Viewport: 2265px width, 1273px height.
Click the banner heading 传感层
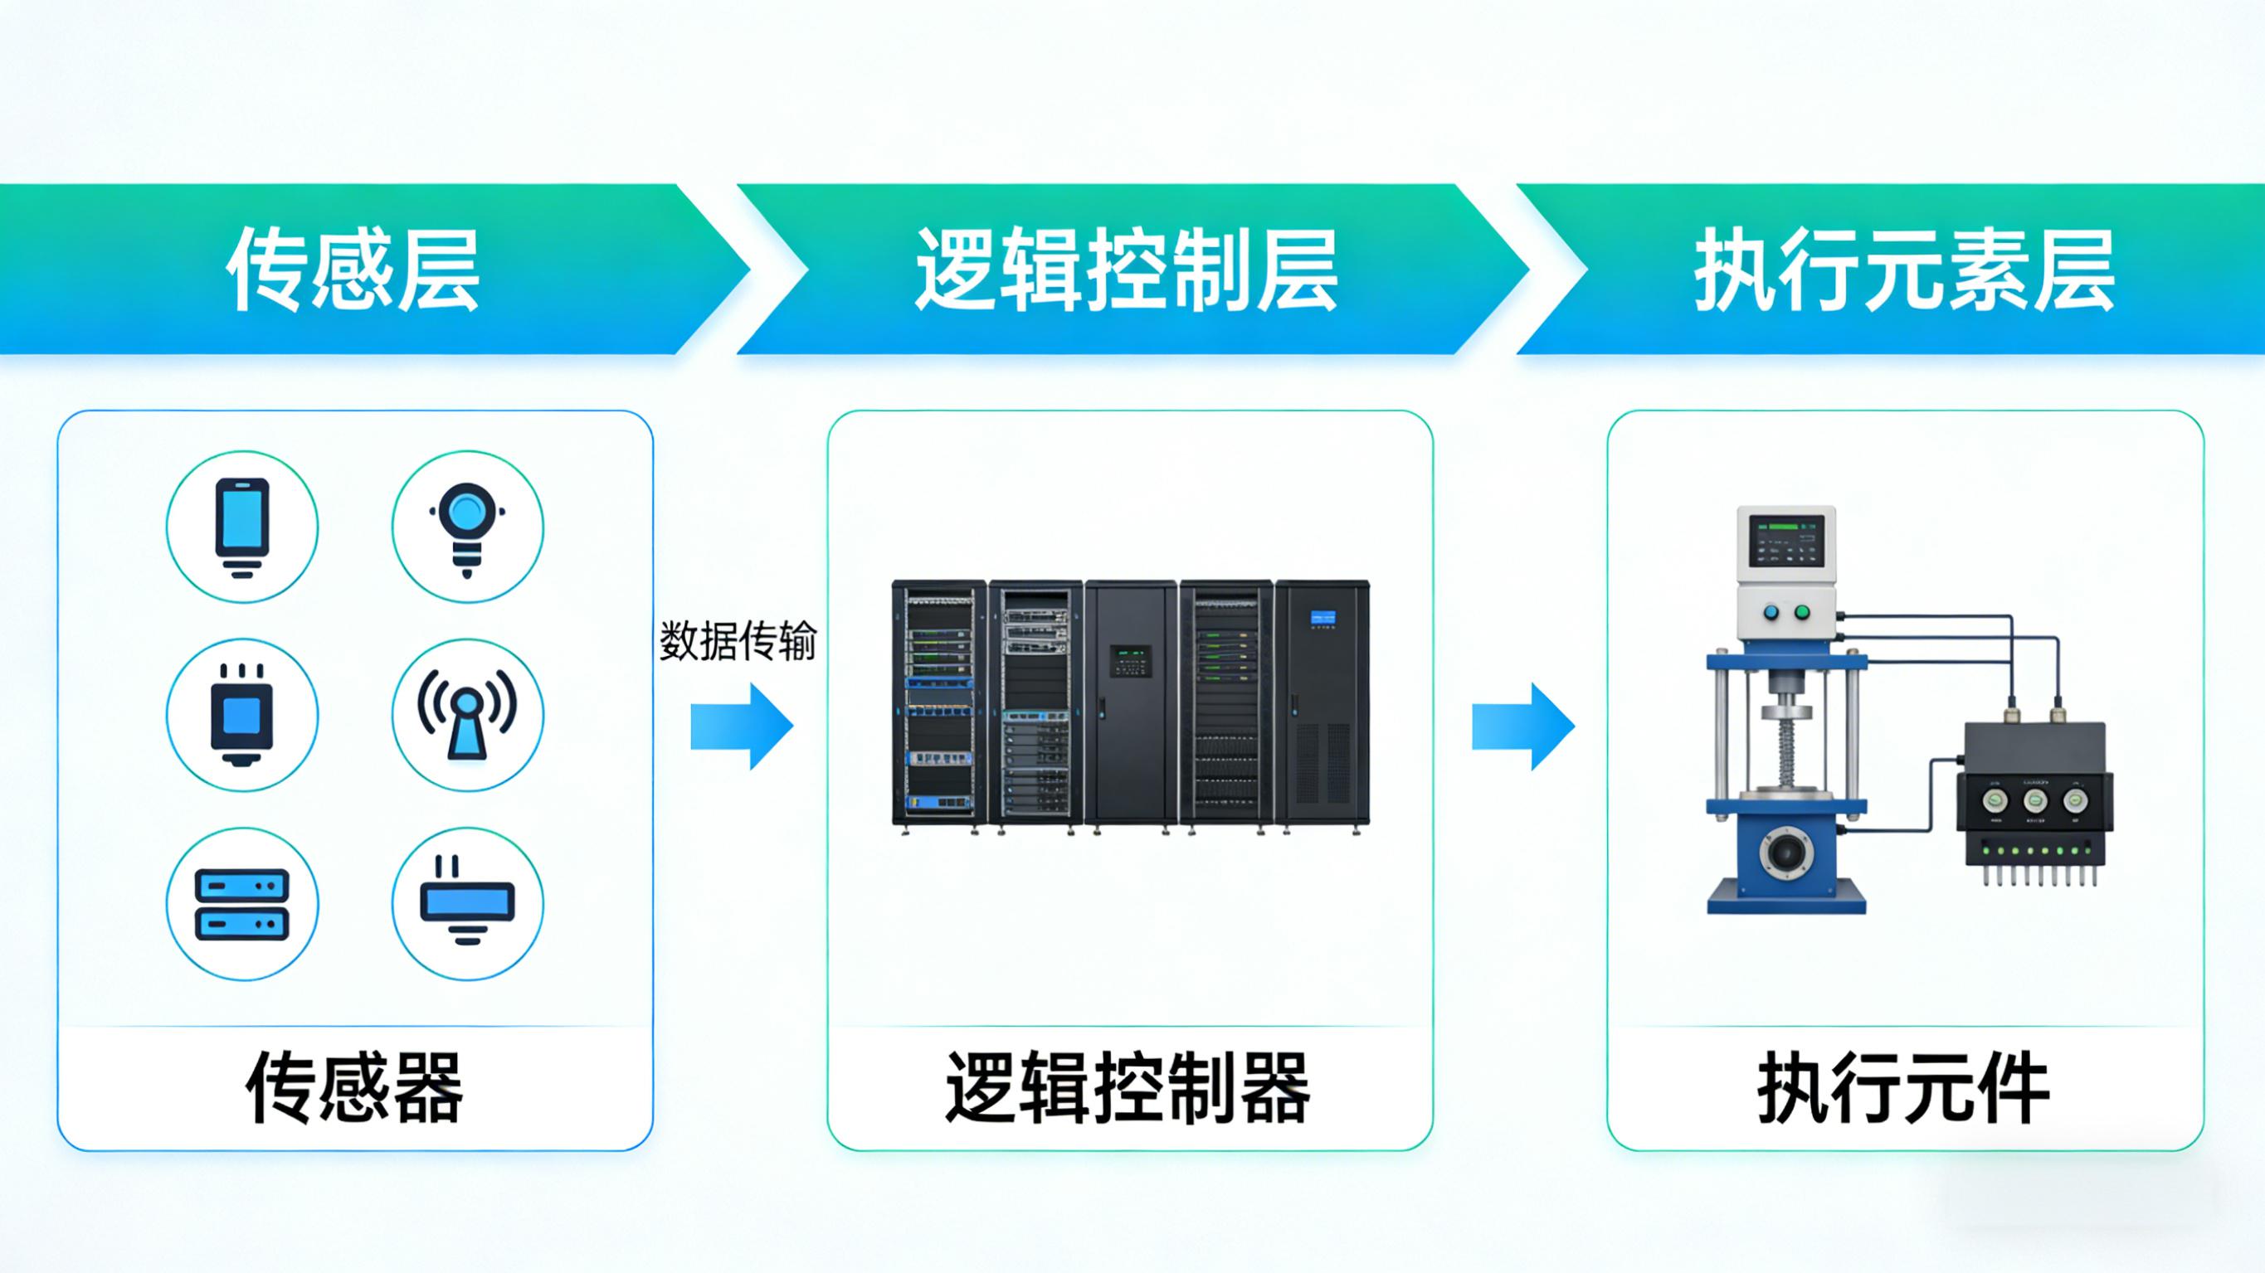[353, 271]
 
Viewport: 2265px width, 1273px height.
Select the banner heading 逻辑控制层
[1127, 271]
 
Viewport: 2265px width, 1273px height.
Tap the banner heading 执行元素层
[1904, 271]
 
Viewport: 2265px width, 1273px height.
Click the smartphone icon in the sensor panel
[241, 527]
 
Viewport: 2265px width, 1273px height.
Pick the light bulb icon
[467, 527]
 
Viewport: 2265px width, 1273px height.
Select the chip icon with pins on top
[241, 715]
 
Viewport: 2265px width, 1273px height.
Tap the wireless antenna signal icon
[467, 715]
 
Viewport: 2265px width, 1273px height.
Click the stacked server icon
[241, 904]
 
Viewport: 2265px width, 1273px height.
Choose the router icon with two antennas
[467, 904]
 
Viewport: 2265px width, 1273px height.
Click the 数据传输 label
[738, 641]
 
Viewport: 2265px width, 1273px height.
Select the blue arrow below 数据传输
[741, 726]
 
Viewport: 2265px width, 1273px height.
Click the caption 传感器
[353, 1088]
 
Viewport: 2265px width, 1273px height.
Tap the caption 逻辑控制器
[1128, 1088]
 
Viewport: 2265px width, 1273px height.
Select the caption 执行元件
[1904, 1088]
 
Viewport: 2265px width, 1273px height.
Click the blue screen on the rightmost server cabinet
[1322, 618]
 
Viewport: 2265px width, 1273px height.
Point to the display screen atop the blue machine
[1785, 541]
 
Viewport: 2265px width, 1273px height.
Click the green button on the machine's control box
[1803, 612]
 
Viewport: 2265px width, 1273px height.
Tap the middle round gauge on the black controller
[2034, 800]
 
